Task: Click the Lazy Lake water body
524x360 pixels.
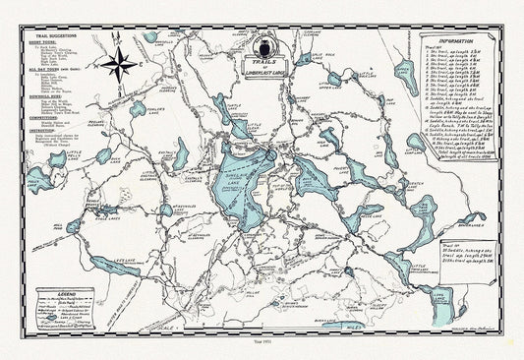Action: pos(116,266)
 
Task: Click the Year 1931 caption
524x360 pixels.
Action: pos(262,349)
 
